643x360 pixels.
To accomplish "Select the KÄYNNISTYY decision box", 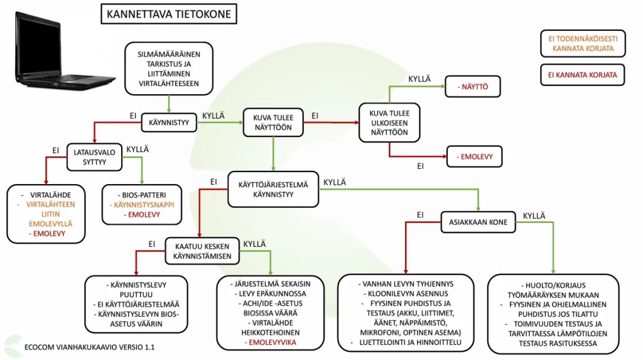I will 168,122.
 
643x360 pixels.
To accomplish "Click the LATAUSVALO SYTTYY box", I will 95,157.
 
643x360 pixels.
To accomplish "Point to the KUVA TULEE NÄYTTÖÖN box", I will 273,123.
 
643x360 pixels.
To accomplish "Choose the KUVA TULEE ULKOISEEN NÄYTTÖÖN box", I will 389,122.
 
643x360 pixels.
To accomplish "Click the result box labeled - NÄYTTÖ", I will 473,87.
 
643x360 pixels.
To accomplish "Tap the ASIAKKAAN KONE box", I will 478,222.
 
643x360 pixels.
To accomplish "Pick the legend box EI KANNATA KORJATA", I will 582,75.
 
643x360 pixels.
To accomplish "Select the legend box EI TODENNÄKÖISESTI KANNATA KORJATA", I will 582,43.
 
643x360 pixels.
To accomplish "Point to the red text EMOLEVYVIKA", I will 271,342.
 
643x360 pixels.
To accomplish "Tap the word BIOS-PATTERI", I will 143,196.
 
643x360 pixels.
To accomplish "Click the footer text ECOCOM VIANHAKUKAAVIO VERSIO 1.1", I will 89,347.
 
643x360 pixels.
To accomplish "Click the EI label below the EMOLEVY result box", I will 421,166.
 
